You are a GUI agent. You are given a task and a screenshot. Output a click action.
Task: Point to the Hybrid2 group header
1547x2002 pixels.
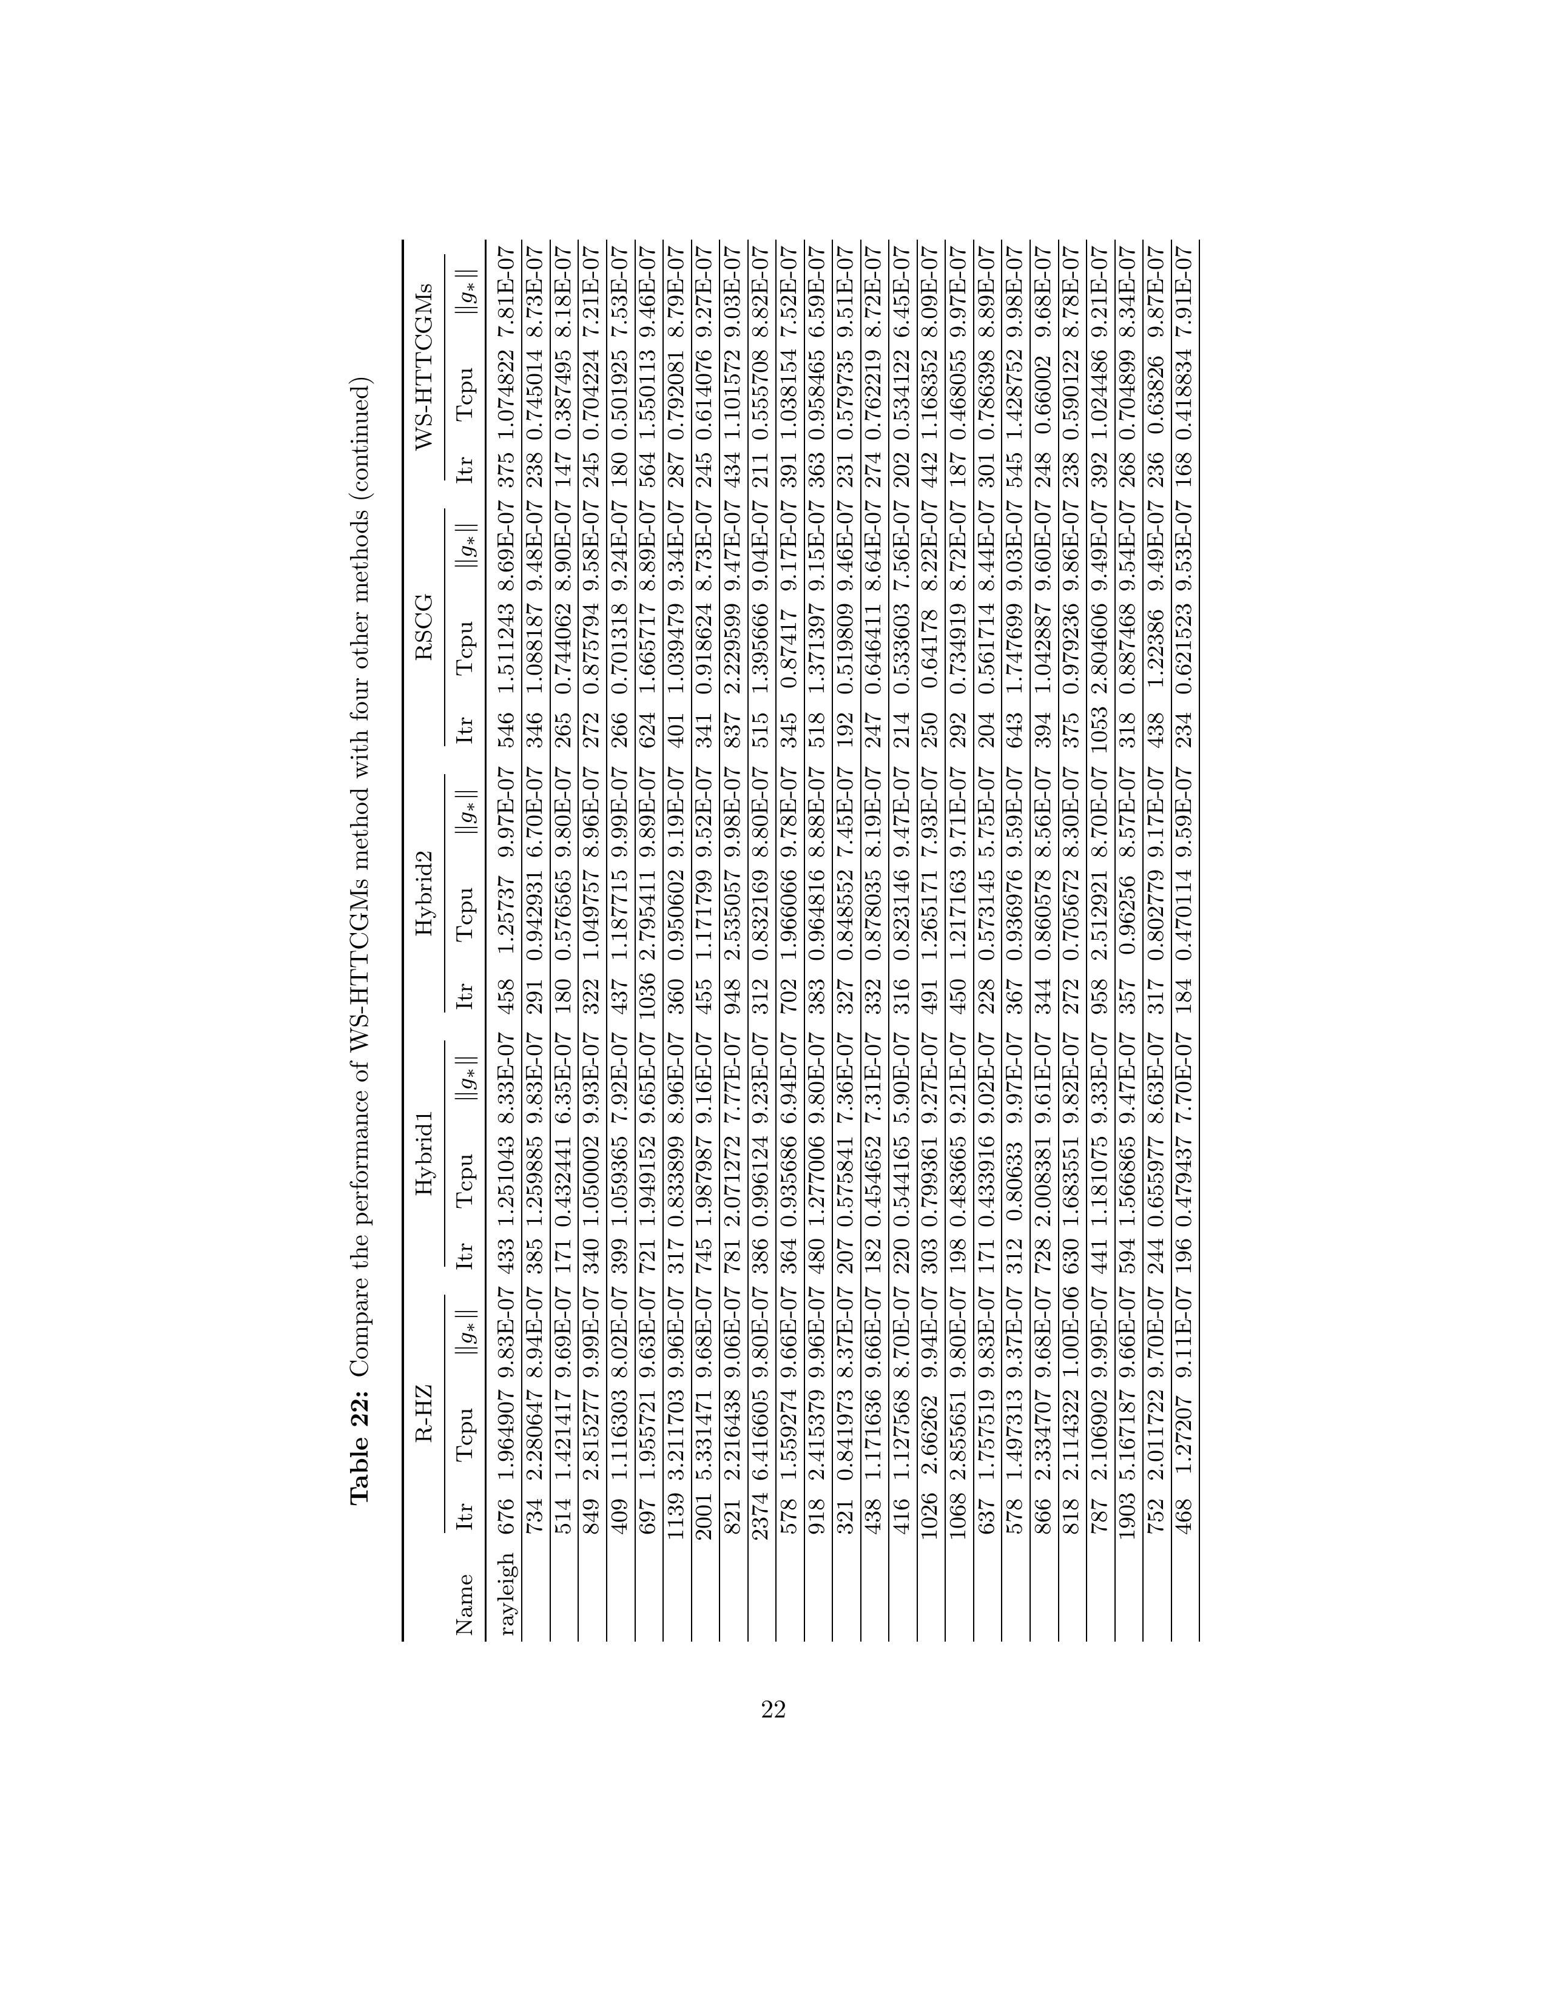(x=423, y=869)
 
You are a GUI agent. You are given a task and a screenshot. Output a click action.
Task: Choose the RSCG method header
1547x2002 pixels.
(x=423, y=601)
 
